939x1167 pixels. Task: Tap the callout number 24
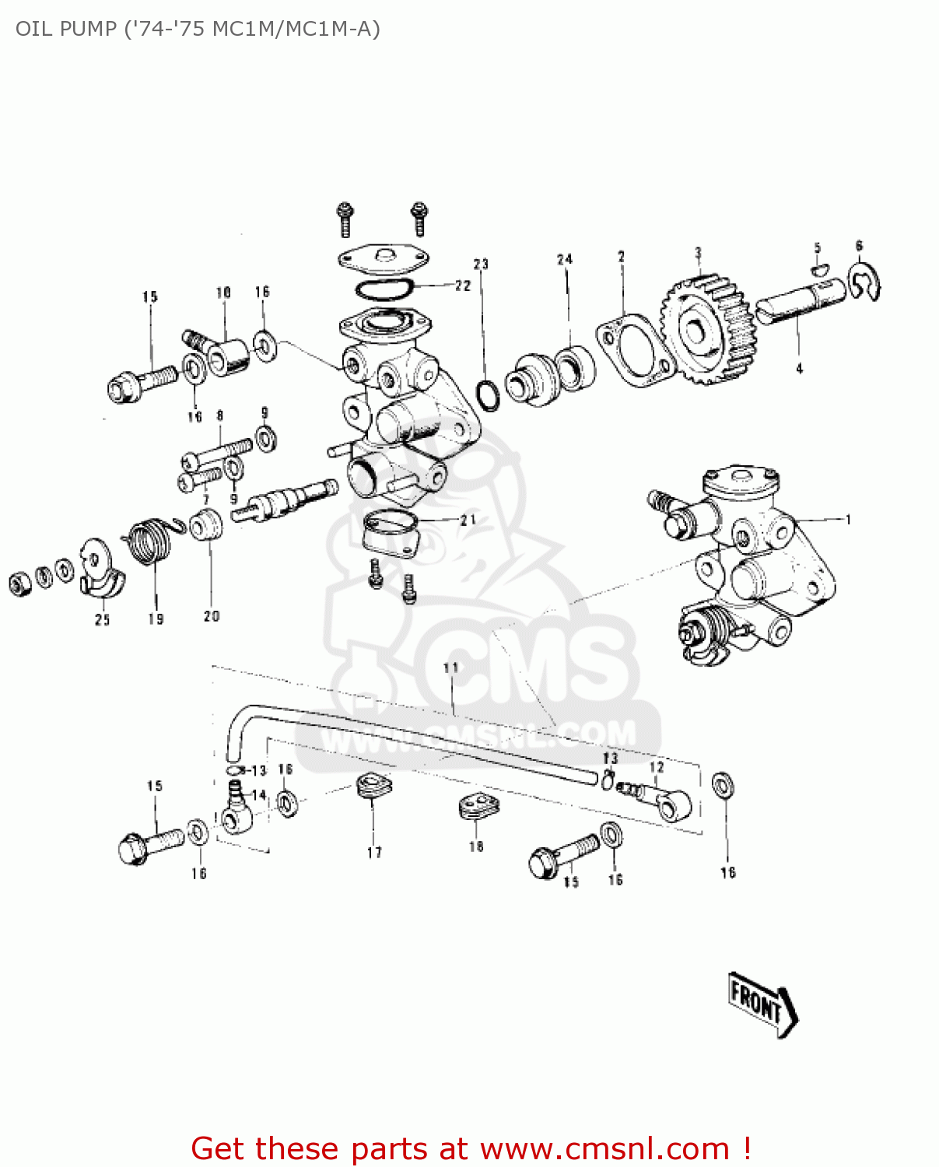pos(565,260)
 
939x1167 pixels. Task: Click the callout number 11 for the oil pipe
pos(451,668)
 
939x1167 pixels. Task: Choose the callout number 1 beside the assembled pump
pos(848,520)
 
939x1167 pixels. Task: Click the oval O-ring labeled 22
pos(383,288)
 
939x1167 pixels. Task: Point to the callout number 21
pos(468,520)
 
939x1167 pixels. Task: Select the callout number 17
pos(374,853)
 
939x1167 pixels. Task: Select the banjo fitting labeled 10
pos(226,354)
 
